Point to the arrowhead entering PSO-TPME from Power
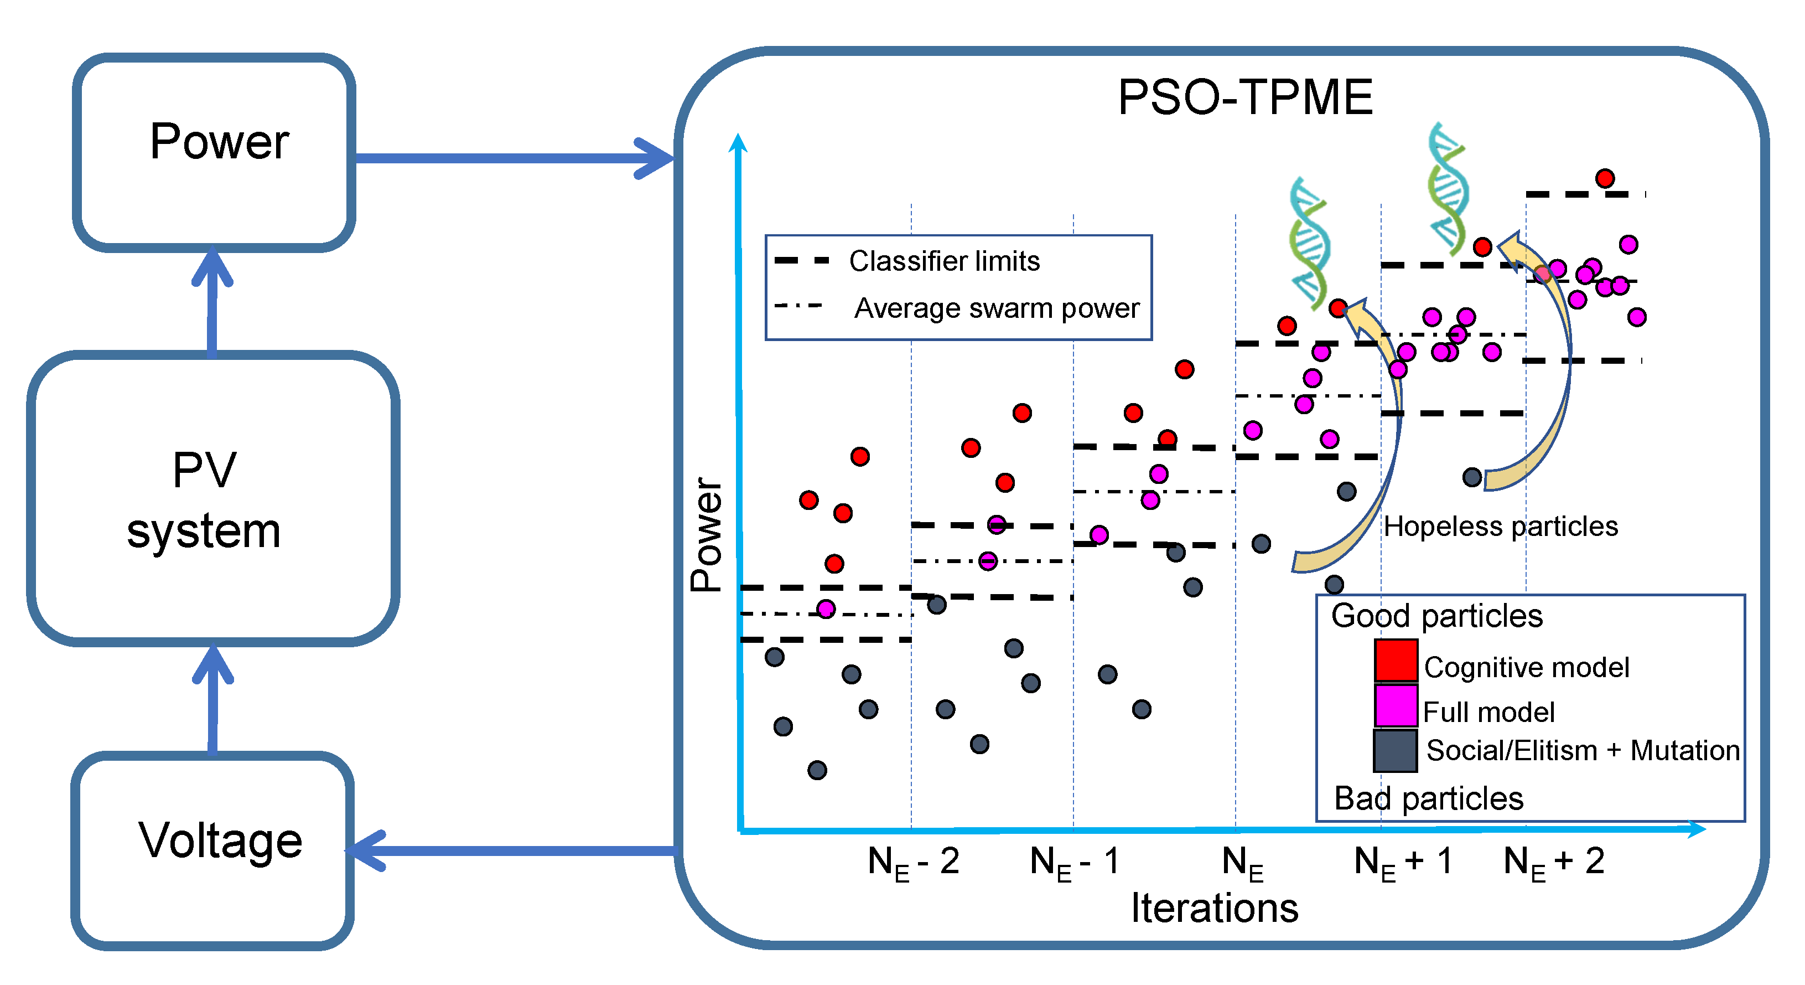pyautogui.click(x=655, y=158)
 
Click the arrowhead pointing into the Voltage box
pyautogui.click(x=368, y=850)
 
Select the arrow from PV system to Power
pyautogui.click(x=211, y=301)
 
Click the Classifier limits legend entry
pyautogui.click(x=943, y=261)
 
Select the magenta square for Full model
pyautogui.click(x=1395, y=705)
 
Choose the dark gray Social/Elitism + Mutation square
pyautogui.click(x=1394, y=750)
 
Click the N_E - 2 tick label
pyautogui.click(x=913, y=862)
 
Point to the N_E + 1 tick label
pyautogui.click(x=1402, y=862)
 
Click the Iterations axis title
pyautogui.click(x=1215, y=909)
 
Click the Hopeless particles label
pyautogui.click(x=1500, y=526)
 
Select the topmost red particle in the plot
pyautogui.click(x=1605, y=178)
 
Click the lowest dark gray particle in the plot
pyautogui.click(x=817, y=770)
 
